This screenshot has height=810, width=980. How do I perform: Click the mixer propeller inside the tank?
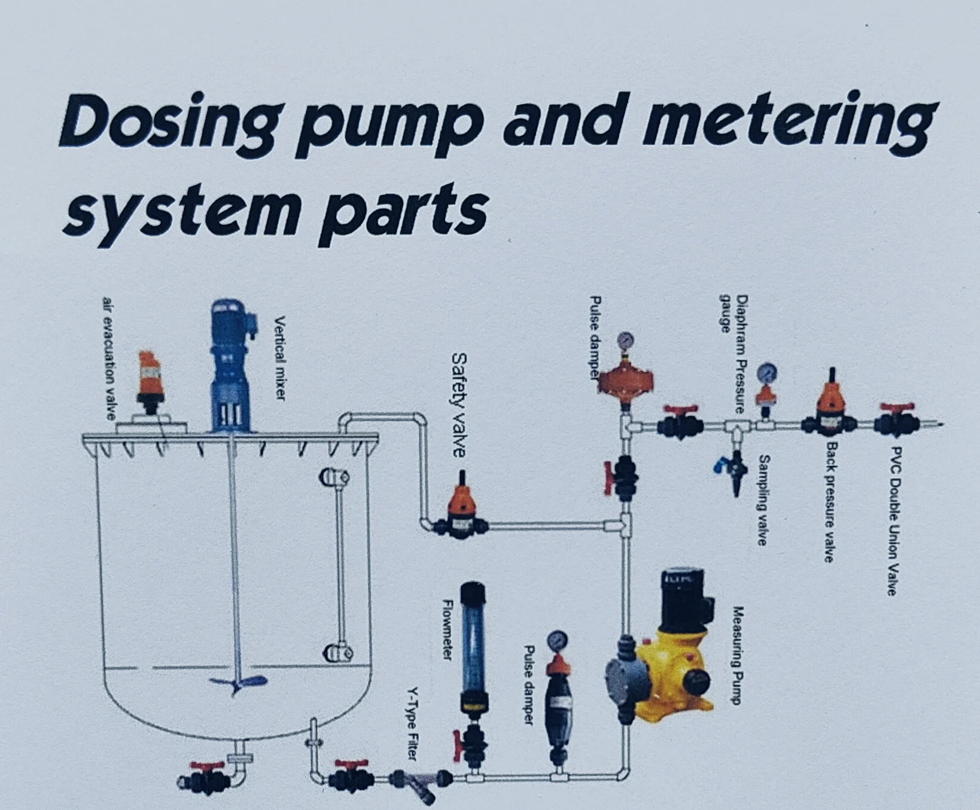[237, 684]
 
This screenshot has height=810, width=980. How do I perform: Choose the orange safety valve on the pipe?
[462, 508]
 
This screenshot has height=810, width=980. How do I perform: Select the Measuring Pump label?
[738, 655]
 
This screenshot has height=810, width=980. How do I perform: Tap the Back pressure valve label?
[829, 503]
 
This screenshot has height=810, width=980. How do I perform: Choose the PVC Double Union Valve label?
[894, 520]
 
